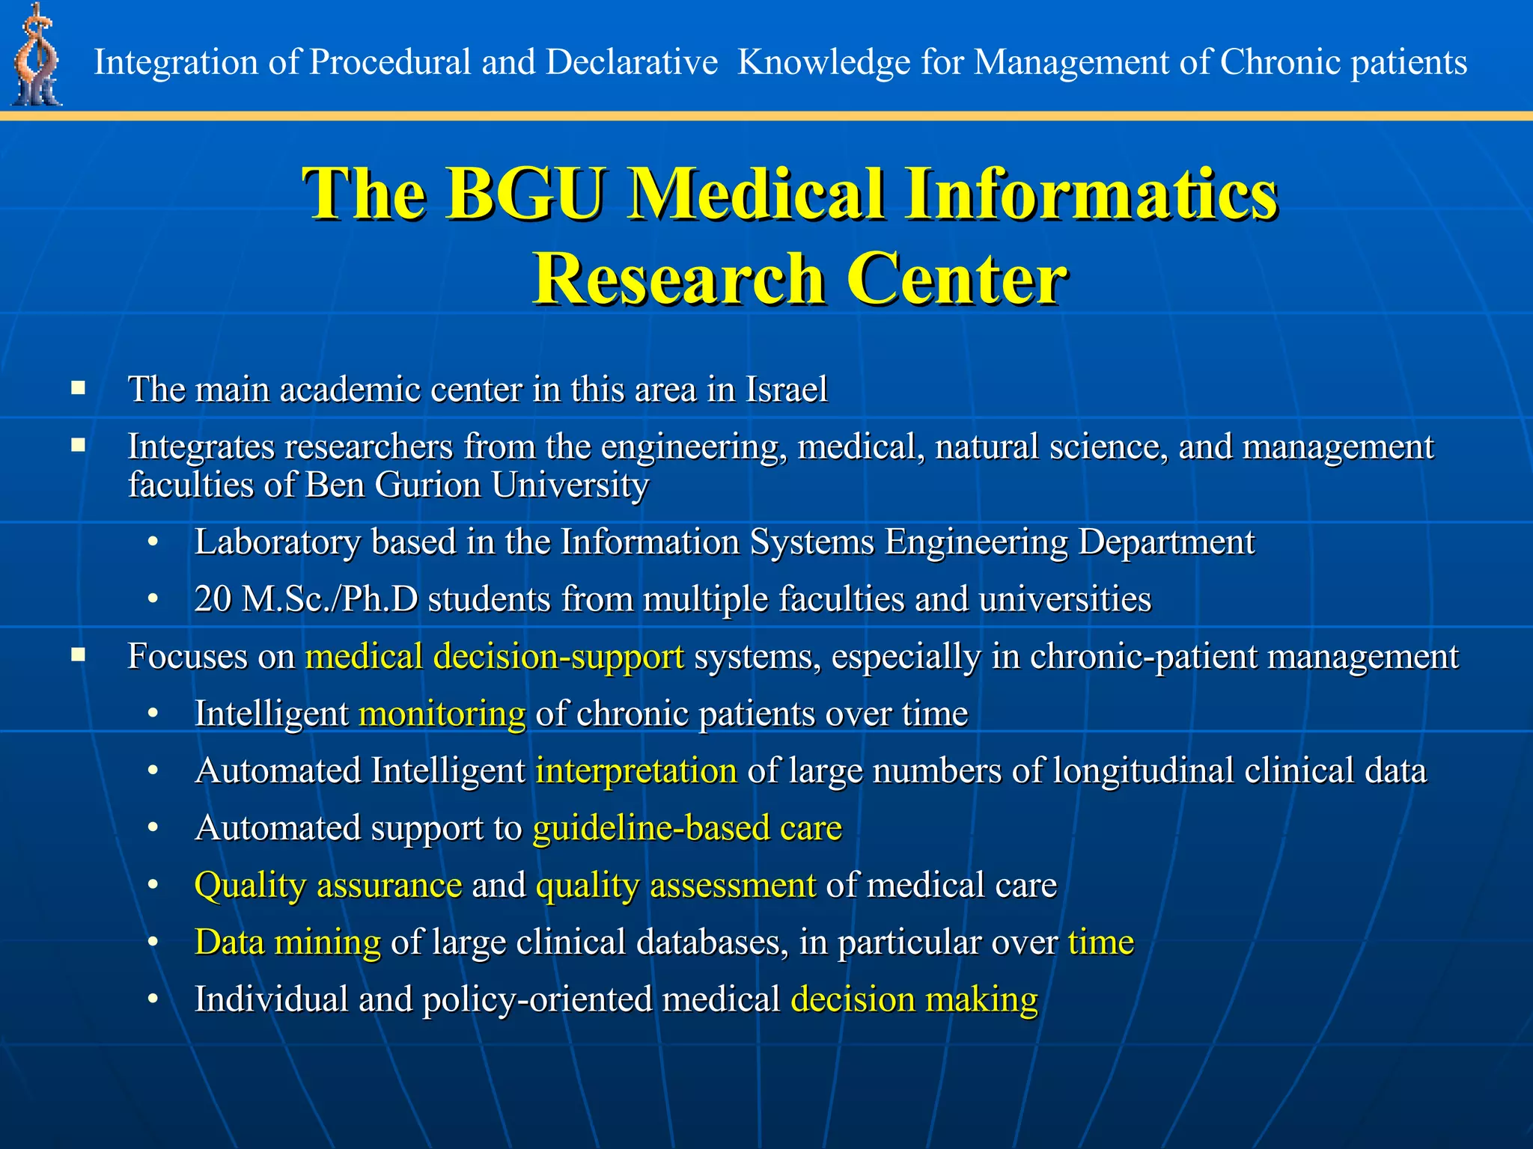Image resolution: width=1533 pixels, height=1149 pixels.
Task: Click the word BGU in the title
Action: [525, 194]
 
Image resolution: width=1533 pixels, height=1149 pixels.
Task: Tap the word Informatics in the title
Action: [1090, 194]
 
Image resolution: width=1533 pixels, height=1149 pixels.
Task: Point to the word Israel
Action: [786, 390]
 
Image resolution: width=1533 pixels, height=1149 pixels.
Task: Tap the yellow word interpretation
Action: [636, 771]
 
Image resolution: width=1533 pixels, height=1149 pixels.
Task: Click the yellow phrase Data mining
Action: [287, 943]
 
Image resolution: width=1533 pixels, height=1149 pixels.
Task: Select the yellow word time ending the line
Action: [1100, 943]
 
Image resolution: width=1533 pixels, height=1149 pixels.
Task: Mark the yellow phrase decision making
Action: [914, 1000]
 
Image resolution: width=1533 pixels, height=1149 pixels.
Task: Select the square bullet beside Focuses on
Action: [79, 655]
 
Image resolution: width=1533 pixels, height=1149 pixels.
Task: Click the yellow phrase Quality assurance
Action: [328, 886]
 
